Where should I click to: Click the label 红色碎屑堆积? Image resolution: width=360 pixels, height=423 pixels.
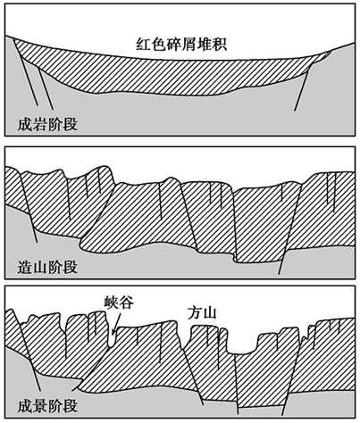coord(181,45)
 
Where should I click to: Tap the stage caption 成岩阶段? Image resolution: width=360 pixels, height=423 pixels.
coord(47,124)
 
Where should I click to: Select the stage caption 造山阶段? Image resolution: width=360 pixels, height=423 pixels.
coord(47,267)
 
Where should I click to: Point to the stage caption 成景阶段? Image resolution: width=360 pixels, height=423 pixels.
coord(47,405)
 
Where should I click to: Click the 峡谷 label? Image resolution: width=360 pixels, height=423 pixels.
coord(119,303)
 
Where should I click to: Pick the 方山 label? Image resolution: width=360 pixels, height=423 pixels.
coord(202,313)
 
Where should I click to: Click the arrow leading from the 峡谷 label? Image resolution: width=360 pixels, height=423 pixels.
coord(116,323)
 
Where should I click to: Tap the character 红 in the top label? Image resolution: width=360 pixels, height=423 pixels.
coord(143,45)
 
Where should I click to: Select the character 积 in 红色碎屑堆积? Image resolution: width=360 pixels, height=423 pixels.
coord(220,45)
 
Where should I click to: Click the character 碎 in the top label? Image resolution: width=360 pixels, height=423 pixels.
coord(174,45)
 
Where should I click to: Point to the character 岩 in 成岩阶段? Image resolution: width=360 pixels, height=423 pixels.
coord(40,124)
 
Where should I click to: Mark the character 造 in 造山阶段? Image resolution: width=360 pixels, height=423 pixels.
coord(25,267)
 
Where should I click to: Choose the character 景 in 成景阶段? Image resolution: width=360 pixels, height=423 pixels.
coord(40,405)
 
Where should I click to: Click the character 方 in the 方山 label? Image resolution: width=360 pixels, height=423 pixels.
coord(194,313)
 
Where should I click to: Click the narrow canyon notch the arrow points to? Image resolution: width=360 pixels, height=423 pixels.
coord(112,338)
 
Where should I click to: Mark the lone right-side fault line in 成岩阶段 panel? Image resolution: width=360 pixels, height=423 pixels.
coord(303,87)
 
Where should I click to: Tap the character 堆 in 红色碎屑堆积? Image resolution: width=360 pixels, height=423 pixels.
coord(205,45)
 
